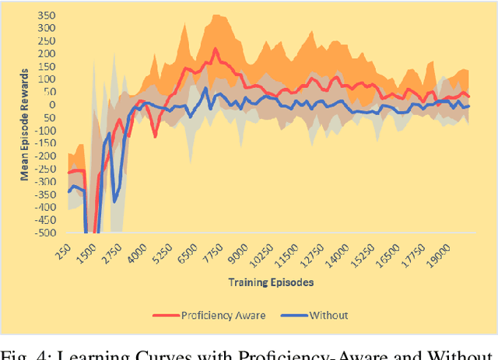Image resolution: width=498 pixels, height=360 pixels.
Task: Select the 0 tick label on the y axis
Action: pos(53,105)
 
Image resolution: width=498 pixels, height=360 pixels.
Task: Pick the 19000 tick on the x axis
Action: pos(441,253)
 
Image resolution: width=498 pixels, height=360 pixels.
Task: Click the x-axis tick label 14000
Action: pos(338,253)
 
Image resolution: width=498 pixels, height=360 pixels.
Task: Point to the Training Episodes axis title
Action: pos(271,282)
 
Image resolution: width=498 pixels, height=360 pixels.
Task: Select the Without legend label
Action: pos(329,315)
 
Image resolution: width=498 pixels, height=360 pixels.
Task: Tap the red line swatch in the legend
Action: pos(164,315)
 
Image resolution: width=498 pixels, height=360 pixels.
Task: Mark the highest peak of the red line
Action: pos(216,49)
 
